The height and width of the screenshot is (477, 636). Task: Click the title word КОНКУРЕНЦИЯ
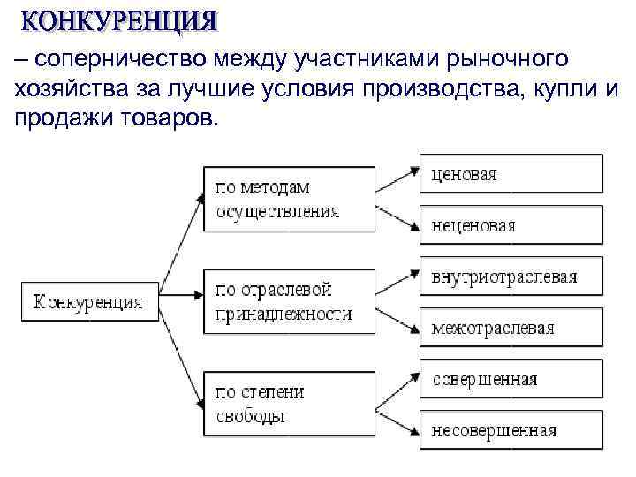118,19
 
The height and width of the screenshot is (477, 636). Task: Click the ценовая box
511,174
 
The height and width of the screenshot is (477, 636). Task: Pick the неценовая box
511,225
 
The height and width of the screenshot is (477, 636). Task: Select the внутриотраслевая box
511,276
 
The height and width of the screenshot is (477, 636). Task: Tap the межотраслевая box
511,328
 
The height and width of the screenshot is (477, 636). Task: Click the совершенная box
511,379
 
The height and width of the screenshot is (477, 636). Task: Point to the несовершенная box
511,430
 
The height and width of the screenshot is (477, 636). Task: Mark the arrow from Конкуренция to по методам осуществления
181,240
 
